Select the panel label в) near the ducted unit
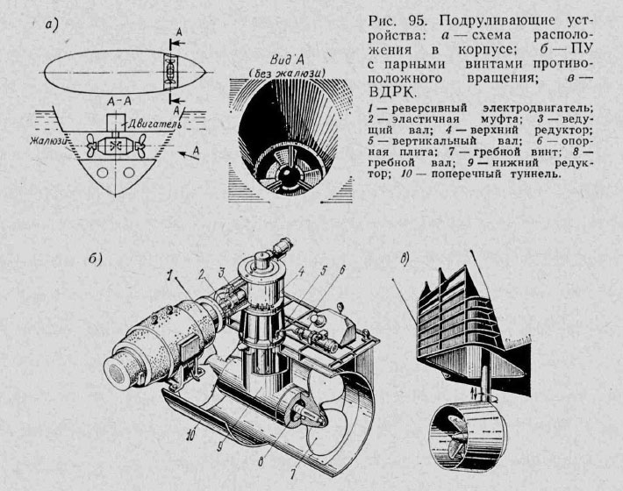coord(404,259)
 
